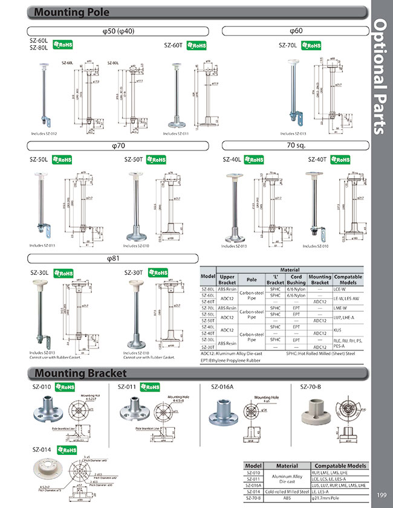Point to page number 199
378,496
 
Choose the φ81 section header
114,259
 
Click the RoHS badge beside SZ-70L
311,45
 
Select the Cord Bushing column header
296,280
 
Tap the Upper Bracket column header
227,280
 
